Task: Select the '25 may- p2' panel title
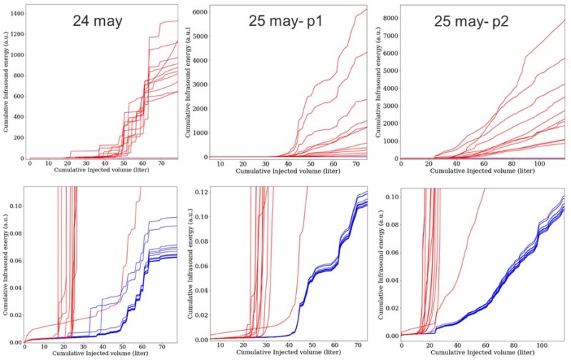[x=470, y=22]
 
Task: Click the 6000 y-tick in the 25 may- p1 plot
[x=197, y=13]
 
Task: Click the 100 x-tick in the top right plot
[x=542, y=164]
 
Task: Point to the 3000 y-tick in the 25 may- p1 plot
[x=197, y=85]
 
